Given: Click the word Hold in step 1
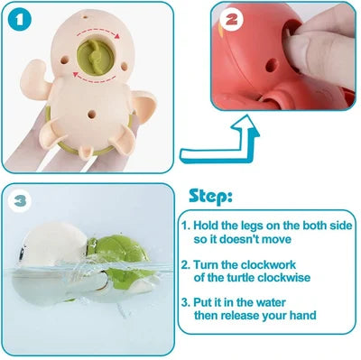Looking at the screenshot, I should (x=208, y=226).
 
